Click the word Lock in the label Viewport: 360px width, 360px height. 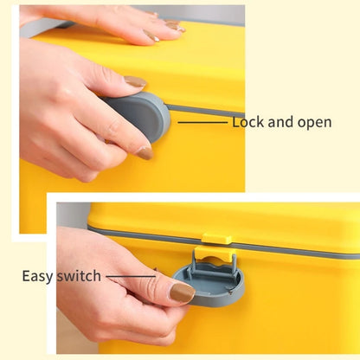coord(248,122)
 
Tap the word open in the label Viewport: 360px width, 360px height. coord(315,123)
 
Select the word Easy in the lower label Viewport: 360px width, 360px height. coord(37,277)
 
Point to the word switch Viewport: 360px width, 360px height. coord(79,276)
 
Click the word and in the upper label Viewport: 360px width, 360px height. coord(281,122)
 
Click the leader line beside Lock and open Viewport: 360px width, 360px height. coord(202,123)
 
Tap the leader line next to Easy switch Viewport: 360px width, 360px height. coord(131,276)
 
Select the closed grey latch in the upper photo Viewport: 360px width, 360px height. coord(138,115)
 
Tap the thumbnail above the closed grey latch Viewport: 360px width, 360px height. coord(135,81)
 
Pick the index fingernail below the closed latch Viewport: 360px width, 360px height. coord(145,153)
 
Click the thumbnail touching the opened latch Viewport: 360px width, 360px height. coord(182,292)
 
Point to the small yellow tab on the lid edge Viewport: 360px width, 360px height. coord(216,239)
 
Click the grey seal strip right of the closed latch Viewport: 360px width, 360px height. coord(206,112)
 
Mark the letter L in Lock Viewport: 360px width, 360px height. coord(236,122)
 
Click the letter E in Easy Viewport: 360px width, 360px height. coord(26,276)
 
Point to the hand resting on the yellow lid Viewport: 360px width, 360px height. coord(115,24)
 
